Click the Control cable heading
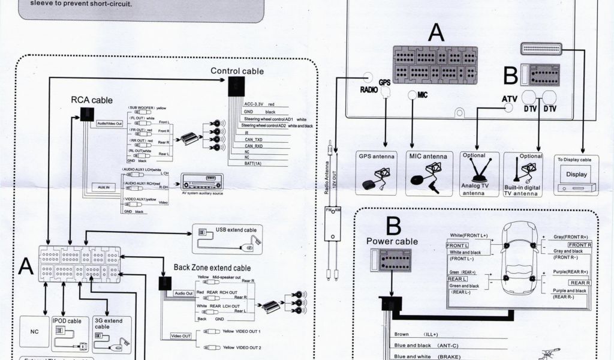pos(237,71)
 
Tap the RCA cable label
pos(92,100)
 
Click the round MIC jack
pos(412,95)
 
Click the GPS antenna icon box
pos(377,173)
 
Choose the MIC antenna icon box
pos(428,173)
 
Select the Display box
pos(576,175)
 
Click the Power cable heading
pos(392,242)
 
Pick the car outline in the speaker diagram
pos(519,259)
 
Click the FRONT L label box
pos(458,245)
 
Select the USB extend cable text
pos(236,230)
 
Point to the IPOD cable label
pos(67,321)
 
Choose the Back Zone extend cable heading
pos(212,268)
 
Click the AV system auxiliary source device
pos(202,180)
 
